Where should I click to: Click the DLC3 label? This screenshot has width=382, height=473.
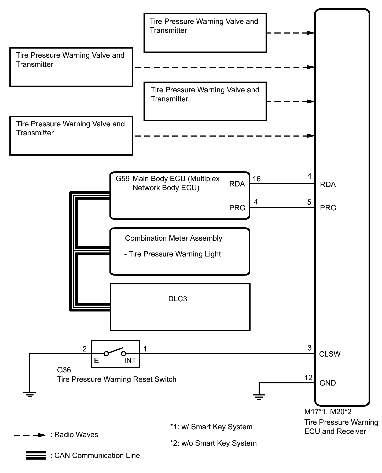pos(177,299)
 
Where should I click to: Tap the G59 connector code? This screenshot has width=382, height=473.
pos(123,179)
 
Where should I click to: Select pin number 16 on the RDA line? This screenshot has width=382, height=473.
pos(256,179)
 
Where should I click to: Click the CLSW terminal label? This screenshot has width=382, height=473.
pos(330,354)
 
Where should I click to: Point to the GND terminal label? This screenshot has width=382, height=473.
pos(328,383)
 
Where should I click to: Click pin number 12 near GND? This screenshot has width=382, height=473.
pos(308,378)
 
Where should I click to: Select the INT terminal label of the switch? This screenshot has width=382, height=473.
pos(130,361)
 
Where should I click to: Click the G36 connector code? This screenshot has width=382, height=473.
pos(64,370)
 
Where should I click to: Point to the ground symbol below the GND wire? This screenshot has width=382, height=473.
pos(259,396)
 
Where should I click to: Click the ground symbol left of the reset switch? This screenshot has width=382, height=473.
pos(30,394)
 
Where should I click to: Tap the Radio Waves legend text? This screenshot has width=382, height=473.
pos(76,435)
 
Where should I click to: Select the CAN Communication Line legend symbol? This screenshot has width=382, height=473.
pos(36,456)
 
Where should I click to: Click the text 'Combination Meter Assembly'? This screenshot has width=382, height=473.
pos(174,238)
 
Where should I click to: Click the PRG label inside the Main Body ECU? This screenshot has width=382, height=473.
pos(237,208)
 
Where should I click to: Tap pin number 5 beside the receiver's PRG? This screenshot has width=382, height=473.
pos(309,202)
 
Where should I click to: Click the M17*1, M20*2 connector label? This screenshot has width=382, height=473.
pos(328,412)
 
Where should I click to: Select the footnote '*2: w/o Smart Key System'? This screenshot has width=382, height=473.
pos(213,443)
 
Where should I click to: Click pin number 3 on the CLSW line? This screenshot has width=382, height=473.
pos(309,348)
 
